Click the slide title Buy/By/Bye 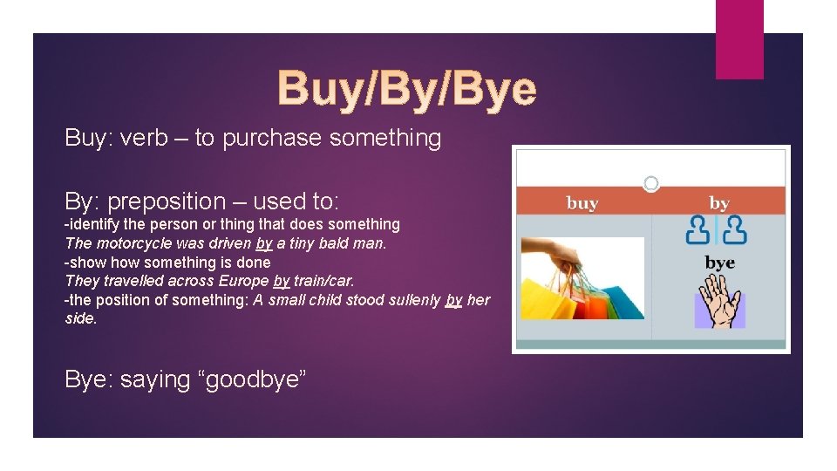406,89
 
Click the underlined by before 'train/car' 281,281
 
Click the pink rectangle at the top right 739,39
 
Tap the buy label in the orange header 582,203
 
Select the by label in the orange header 719,203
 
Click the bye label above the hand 719,263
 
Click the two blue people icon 717,230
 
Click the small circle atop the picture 651,183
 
